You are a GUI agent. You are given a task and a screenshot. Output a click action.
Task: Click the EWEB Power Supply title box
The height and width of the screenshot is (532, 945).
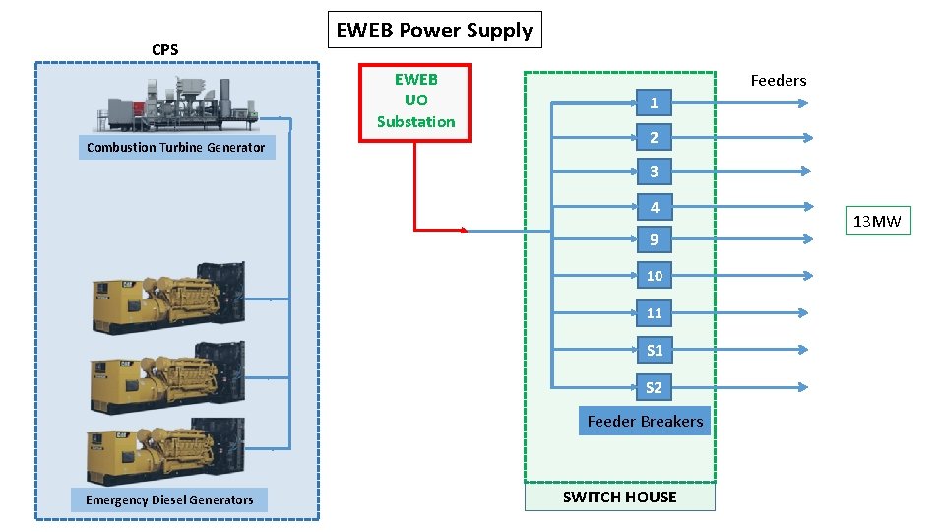[x=434, y=31]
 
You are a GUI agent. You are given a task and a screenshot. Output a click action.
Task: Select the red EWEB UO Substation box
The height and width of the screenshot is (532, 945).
[x=415, y=101]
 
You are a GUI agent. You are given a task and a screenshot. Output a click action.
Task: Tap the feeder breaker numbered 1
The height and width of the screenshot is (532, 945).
[x=654, y=102]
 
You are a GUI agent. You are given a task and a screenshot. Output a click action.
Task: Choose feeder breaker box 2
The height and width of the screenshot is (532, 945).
[x=654, y=137]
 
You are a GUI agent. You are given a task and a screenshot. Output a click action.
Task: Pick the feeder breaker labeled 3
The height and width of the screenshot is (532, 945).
[x=654, y=172]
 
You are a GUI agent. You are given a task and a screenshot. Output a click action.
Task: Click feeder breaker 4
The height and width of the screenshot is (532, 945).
[x=654, y=208]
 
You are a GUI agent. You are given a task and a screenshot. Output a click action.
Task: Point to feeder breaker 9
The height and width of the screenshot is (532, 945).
[x=654, y=240]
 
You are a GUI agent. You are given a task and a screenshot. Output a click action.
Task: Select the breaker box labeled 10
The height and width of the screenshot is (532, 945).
[x=654, y=276]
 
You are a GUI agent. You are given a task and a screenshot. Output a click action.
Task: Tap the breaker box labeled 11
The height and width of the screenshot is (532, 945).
[x=654, y=313]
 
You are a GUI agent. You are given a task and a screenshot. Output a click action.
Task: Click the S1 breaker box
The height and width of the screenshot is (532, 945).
[x=654, y=350]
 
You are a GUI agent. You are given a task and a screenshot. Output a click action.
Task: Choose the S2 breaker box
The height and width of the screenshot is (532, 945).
[x=654, y=387]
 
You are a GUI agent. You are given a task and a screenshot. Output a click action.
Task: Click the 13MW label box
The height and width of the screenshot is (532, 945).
[x=876, y=222]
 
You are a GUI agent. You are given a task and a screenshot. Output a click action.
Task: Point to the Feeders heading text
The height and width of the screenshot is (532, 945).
[x=778, y=81]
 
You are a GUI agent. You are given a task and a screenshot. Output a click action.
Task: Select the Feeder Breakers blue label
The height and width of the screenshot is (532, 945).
[x=645, y=422]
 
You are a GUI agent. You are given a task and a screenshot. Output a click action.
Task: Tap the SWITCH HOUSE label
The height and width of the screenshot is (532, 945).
[x=619, y=498]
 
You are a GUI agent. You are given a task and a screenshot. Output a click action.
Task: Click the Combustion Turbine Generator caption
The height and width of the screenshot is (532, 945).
[x=175, y=148]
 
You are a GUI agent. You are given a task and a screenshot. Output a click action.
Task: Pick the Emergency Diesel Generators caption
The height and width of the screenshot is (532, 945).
[x=168, y=500]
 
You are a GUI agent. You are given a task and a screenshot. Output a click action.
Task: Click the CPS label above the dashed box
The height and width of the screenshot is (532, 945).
[x=164, y=49]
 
